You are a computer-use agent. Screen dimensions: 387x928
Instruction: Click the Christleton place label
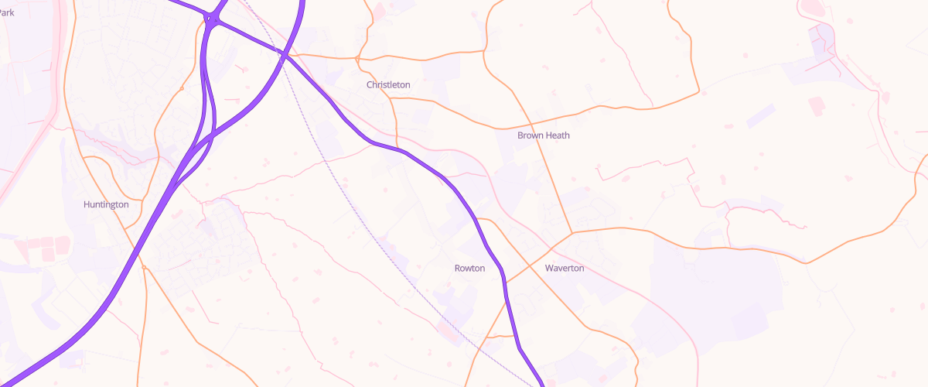pos(388,84)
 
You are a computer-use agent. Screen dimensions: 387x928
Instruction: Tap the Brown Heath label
pos(543,135)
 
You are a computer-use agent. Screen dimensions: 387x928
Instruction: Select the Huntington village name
pos(106,204)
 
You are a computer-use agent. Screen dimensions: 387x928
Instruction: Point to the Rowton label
pos(469,269)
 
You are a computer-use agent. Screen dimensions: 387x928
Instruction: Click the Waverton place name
pos(565,269)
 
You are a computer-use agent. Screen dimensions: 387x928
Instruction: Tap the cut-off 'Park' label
pos(7,12)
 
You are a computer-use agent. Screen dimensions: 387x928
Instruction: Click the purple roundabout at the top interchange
pos(211,19)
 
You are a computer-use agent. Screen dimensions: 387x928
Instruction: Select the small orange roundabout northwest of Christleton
pos(357,58)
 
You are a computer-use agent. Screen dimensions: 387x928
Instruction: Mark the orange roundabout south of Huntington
pos(144,268)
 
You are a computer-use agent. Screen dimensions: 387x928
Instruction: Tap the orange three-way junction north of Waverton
pos(571,231)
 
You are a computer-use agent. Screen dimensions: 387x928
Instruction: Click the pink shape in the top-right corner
pos(812,9)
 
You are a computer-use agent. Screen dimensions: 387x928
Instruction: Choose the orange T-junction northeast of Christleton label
pos(485,51)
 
